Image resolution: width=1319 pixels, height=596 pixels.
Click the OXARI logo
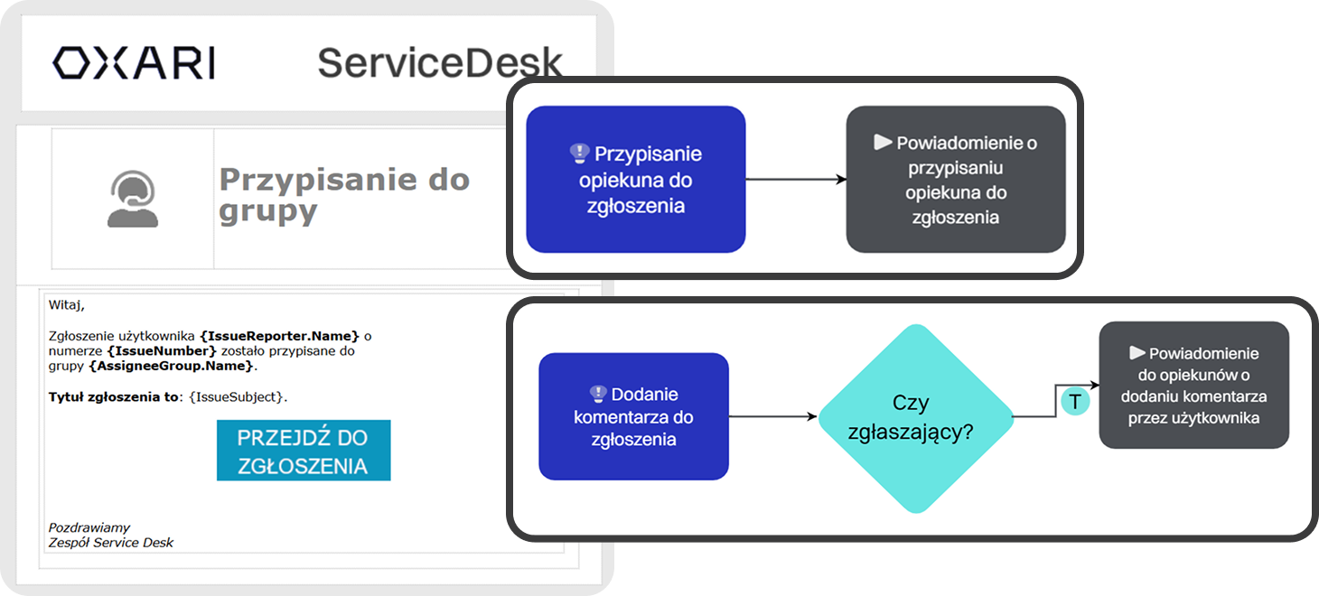[133, 63]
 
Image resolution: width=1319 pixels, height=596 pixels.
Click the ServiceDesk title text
[439, 63]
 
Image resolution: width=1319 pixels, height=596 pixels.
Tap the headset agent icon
[133, 199]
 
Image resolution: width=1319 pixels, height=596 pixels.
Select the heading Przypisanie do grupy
[344, 194]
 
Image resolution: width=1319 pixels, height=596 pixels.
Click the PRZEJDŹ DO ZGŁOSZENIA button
[304, 451]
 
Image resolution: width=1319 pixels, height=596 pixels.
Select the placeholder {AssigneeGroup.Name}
[172, 366]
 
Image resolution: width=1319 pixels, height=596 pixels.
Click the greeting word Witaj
[65, 305]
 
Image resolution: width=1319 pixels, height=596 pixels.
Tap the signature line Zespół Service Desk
[110, 543]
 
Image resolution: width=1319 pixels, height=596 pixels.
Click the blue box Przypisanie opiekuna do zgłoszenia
[635, 179]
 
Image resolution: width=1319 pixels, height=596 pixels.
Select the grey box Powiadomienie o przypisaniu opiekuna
[955, 179]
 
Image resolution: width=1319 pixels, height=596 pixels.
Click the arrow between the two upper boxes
[795, 179]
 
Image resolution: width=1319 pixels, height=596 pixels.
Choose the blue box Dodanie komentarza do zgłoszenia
[633, 416]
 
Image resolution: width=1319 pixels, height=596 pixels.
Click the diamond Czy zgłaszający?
[915, 417]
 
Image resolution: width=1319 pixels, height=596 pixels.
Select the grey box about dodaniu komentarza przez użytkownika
[1193, 385]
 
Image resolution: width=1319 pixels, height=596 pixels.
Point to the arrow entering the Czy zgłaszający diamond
[773, 416]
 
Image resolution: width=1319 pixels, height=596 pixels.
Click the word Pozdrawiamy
[89, 527]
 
